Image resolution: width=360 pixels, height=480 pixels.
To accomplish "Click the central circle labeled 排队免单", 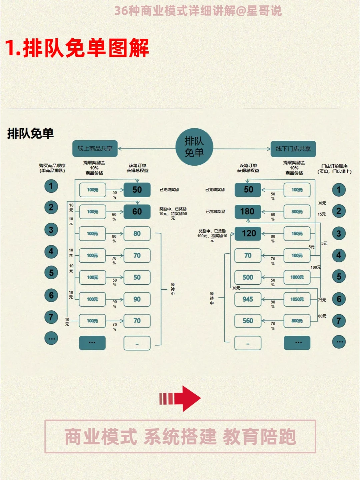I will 194,147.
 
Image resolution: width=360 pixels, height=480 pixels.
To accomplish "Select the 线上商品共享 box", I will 95,149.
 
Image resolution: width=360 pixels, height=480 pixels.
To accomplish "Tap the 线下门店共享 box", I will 293,149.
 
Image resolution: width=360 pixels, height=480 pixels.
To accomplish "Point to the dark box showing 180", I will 248,212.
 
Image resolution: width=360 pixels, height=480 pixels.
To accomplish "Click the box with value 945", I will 248,299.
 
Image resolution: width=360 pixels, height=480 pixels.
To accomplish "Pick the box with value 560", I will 248,321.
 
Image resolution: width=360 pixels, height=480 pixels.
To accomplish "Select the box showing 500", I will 248,277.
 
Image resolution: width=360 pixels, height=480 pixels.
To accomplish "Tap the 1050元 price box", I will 297,299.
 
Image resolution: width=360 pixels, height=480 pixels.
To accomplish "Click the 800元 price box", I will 297,321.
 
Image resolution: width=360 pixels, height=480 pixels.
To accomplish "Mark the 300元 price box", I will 297,212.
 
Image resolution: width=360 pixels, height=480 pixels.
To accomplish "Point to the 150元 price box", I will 297,233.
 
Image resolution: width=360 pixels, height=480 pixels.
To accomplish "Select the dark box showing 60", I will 137,212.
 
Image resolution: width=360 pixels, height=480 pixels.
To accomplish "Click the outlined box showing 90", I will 137,299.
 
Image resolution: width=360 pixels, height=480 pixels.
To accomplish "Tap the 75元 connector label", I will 322,300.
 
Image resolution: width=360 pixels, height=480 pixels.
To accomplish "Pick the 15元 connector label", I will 322,214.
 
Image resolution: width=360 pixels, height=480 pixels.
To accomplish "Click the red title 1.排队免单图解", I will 77,48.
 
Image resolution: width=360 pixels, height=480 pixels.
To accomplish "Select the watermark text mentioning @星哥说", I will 198,11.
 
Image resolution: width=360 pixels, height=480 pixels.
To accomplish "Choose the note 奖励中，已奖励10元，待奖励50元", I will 173,213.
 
